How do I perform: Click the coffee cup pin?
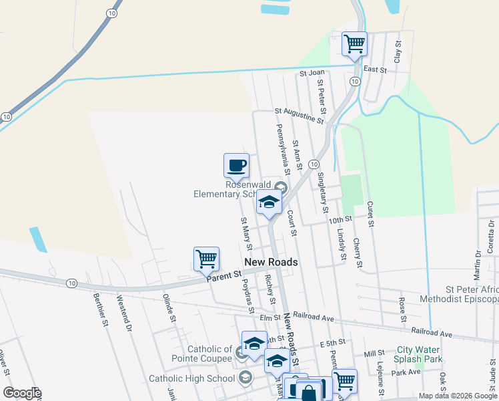[x=236, y=165]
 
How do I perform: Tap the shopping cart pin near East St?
[x=354, y=44]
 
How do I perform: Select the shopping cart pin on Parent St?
[x=206, y=259]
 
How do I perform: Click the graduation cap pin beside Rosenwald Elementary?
[x=269, y=203]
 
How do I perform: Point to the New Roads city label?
[x=271, y=262]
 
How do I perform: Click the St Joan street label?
[x=312, y=72]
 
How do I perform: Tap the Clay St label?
[x=398, y=51]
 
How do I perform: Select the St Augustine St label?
[x=300, y=116]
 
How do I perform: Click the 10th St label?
[x=340, y=219]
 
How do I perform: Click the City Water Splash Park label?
[x=420, y=354]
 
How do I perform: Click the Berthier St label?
[x=100, y=311]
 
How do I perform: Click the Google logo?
[x=22, y=393]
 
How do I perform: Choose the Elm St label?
[x=269, y=318]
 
